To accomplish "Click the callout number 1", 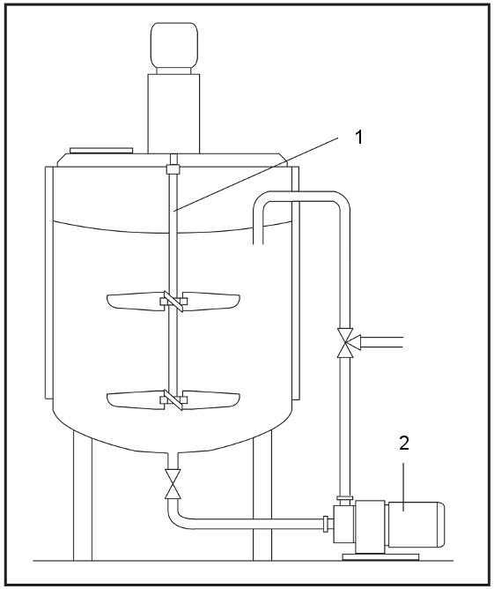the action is pyautogui.click(x=359, y=137).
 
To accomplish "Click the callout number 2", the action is pyautogui.click(x=403, y=444).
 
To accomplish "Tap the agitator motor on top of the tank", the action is pyautogui.click(x=174, y=45).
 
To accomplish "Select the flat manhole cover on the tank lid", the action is pyautogui.click(x=101, y=150).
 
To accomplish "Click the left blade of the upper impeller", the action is pyautogui.click(x=134, y=302).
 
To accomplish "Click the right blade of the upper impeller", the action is pyautogui.click(x=211, y=302).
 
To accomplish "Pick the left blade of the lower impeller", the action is pyautogui.click(x=134, y=400).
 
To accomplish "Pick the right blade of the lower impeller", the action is pyautogui.click(x=211, y=400).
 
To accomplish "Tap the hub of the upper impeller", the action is pyautogui.click(x=173, y=302).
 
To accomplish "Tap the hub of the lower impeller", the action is pyautogui.click(x=173, y=400).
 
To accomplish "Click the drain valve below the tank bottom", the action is pyautogui.click(x=173, y=484).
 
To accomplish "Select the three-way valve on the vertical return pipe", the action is pyautogui.click(x=347, y=343).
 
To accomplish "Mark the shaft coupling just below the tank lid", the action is pyautogui.click(x=173, y=169).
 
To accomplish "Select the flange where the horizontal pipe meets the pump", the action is pyautogui.click(x=326, y=524).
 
